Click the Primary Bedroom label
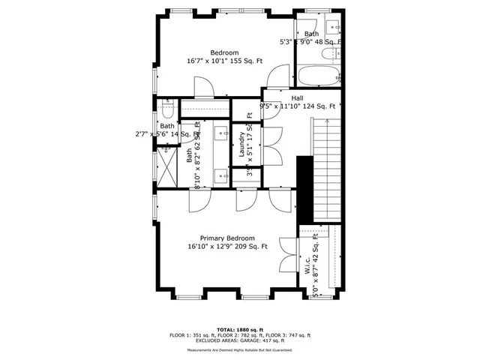[227, 238]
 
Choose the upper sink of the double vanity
[221, 133]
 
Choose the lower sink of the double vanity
[221, 175]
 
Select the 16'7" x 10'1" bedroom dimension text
[225, 61]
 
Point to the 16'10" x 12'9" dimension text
[227, 247]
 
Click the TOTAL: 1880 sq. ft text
[240, 329]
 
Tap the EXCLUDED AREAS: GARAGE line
[240, 340]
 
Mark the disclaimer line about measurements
[240, 350]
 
